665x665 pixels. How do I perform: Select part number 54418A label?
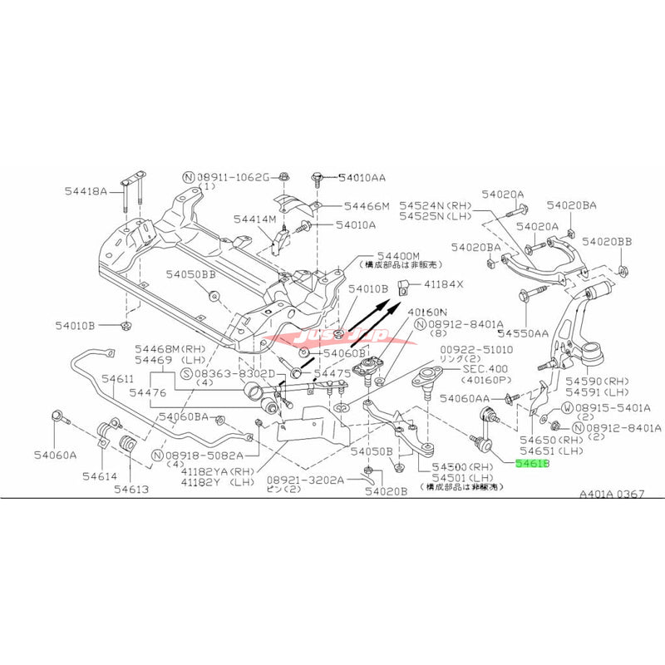86,191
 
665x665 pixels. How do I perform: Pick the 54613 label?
132,490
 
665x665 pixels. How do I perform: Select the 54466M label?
367,205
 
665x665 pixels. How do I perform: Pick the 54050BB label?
191,273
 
